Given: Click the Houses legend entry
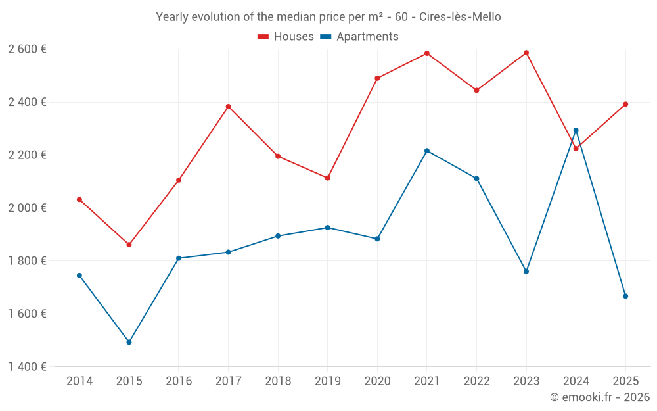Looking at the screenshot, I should [x=286, y=37].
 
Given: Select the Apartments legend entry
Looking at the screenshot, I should [x=359, y=37].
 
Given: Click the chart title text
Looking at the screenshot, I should [x=328, y=17].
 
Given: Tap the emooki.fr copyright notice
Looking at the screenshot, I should [x=599, y=397].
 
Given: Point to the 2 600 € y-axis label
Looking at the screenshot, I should [x=28, y=49].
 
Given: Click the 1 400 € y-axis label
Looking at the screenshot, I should [x=28, y=367].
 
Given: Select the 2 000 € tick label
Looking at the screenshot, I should [x=28, y=208].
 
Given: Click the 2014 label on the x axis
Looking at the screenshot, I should [x=79, y=381].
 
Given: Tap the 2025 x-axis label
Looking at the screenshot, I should [x=625, y=381].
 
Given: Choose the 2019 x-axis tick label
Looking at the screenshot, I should [x=328, y=381].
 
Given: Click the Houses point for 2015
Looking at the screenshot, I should [x=129, y=245].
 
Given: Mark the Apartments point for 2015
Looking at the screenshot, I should [x=129, y=342].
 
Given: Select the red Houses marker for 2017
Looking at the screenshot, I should [x=228, y=107].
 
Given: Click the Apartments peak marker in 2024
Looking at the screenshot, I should [x=576, y=130].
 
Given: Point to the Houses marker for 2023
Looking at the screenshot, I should [x=526, y=53].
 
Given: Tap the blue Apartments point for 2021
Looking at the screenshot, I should [x=427, y=151].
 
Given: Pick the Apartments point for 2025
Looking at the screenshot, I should [x=625, y=296].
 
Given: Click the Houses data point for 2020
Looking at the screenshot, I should [x=377, y=78].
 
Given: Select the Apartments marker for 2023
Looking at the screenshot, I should [x=526, y=272].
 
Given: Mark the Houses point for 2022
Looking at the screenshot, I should [x=477, y=90].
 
